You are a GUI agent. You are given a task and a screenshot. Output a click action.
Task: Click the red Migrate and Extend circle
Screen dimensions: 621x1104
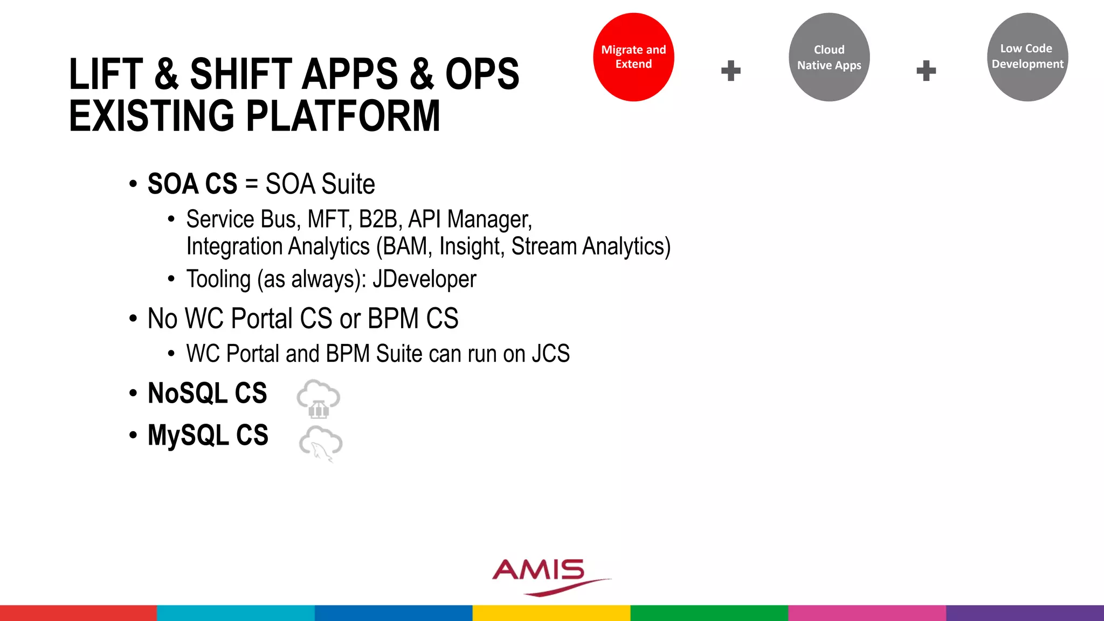tap(633, 57)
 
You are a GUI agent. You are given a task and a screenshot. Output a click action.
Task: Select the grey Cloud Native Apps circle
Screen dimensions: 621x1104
tap(829, 57)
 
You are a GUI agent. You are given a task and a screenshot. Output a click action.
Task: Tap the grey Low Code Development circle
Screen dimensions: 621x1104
tap(1027, 57)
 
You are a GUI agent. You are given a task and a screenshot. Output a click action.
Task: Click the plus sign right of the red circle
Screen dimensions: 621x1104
tap(731, 71)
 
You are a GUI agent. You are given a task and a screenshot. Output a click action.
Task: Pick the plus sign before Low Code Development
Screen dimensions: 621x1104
tap(926, 71)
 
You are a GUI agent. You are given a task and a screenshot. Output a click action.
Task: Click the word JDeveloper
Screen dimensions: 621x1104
tap(424, 279)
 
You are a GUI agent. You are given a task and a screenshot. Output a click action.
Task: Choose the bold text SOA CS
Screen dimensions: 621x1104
tap(192, 184)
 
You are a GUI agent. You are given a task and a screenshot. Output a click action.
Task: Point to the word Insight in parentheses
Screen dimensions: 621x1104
tap(471, 246)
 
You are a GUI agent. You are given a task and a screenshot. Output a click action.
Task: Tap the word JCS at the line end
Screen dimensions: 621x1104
tap(550, 354)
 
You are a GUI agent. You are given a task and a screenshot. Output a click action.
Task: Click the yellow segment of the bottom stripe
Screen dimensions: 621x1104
tap(551, 613)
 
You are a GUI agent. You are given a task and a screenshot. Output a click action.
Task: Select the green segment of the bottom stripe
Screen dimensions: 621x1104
tap(709, 613)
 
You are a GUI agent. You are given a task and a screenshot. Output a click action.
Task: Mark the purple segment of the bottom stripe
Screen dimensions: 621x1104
tap(1025, 613)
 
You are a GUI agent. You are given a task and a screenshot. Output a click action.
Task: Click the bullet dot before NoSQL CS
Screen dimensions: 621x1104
tap(133, 394)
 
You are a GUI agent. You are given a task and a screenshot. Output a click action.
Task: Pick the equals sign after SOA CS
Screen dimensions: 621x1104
tap(251, 184)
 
